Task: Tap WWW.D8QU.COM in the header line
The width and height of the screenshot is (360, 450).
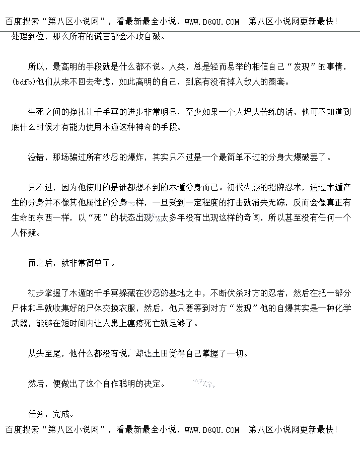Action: coord(212,22)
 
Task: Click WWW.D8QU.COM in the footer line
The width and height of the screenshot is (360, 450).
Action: coord(212,430)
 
